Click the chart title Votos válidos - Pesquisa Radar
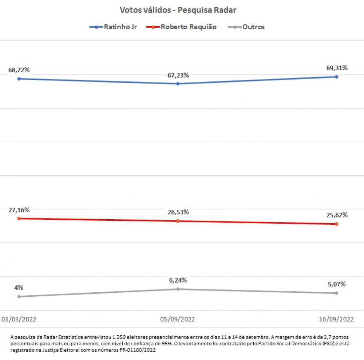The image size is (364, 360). pyautogui.click(x=178, y=10)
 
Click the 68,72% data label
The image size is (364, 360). pyautogui.click(x=19, y=70)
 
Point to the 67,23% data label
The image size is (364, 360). pyautogui.click(x=177, y=75)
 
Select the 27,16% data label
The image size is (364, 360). pyautogui.click(x=19, y=210)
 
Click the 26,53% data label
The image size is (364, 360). pyautogui.click(x=177, y=212)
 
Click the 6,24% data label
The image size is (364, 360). pyautogui.click(x=177, y=280)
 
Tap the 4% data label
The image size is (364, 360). pyautogui.click(x=19, y=288)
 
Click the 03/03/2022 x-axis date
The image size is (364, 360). pyautogui.click(x=19, y=319)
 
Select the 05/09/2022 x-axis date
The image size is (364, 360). pyautogui.click(x=178, y=319)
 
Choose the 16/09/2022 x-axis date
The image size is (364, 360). pyautogui.click(x=336, y=319)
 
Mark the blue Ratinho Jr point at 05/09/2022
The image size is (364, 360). pyautogui.click(x=178, y=84)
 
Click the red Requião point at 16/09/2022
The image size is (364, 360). pyautogui.click(x=336, y=224)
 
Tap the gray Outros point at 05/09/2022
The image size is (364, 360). pyautogui.click(x=178, y=289)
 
